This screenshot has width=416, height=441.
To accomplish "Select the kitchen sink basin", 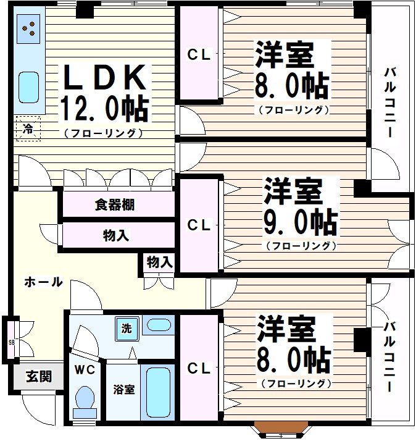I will (x=28, y=86).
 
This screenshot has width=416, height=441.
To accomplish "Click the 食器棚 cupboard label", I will (x=115, y=205).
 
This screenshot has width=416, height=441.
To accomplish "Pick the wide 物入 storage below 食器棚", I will (x=116, y=235).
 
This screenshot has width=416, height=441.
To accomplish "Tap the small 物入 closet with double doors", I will (x=159, y=262).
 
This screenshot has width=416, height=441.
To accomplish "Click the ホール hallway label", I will (x=43, y=282).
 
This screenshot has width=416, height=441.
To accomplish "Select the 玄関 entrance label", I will (x=38, y=376).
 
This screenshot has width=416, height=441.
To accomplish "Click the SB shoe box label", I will (x=11, y=342).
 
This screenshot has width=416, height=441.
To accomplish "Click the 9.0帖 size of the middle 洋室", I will (x=301, y=222).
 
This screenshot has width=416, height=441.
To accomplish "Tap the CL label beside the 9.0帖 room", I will (x=199, y=226).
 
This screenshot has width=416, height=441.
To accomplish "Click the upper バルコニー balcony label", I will (x=390, y=102).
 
